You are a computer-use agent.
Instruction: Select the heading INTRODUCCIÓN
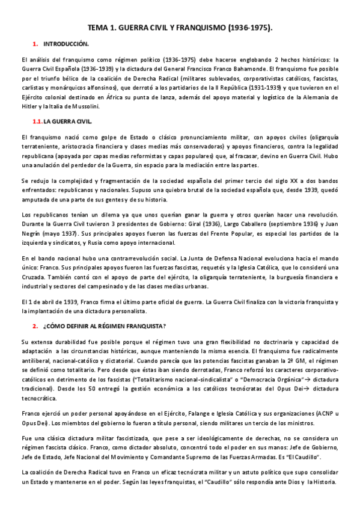coord(66,45)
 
